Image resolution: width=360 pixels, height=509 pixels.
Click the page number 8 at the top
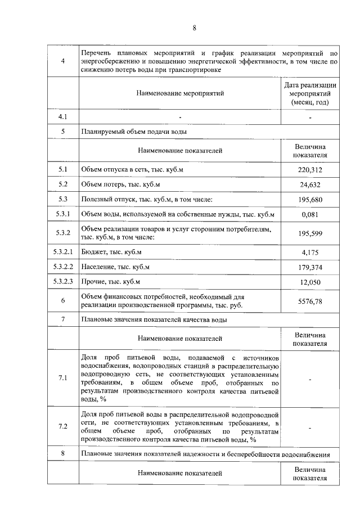(x=194, y=28)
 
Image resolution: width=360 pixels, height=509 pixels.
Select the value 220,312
(x=310, y=169)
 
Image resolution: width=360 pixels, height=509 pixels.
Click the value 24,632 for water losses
(x=310, y=184)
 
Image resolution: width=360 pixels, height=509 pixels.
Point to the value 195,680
(x=310, y=199)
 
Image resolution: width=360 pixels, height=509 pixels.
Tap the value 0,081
(x=310, y=214)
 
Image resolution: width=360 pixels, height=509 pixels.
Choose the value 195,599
(x=310, y=233)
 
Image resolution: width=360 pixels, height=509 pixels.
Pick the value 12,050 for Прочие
(x=310, y=281)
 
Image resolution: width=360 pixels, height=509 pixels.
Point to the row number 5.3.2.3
(x=63, y=281)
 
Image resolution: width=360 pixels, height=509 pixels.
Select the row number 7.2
(x=63, y=426)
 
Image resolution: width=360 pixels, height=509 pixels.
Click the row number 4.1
(x=63, y=117)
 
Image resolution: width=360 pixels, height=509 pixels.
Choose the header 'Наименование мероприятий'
(x=180, y=93)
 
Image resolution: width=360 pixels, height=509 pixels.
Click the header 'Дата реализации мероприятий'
(x=310, y=93)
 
